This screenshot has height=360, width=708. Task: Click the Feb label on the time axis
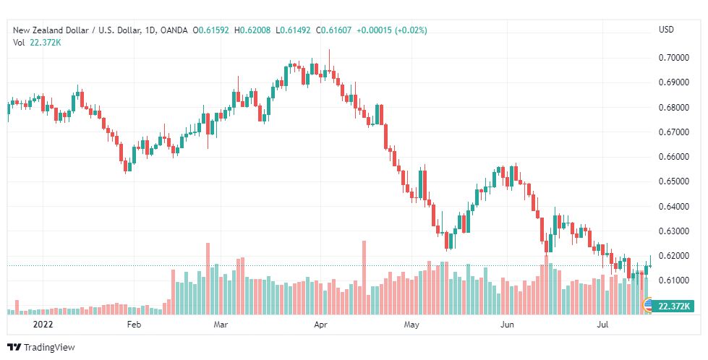133,325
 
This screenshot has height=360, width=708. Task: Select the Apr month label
320,325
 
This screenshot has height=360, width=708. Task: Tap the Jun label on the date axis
507,325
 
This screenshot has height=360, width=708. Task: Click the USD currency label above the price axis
666,30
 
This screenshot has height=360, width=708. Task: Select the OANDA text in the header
174,30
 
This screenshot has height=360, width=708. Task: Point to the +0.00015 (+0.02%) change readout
392,30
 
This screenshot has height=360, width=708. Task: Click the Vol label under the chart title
19,42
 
